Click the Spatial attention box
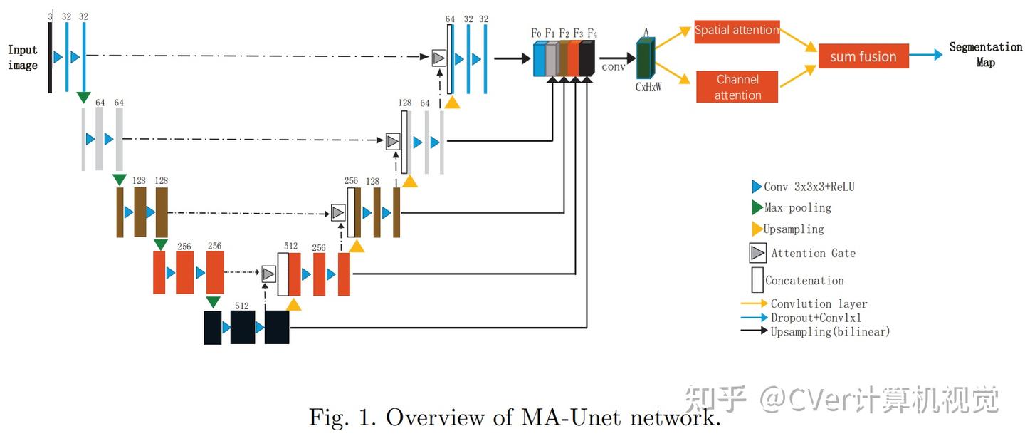[737, 31]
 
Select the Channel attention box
[737, 87]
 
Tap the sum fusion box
[863, 57]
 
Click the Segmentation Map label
[985, 54]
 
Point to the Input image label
[22, 58]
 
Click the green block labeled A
[645, 59]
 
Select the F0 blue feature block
[539, 58]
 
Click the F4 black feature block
[587, 58]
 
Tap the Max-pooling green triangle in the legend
[757, 208]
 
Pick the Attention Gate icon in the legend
[757, 253]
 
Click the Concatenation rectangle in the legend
[757, 280]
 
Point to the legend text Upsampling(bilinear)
[830, 331]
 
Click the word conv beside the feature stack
[613, 68]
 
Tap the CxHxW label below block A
[648, 88]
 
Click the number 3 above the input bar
[51, 16]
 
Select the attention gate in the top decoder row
[438, 58]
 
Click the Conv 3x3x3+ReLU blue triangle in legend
[757, 187]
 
